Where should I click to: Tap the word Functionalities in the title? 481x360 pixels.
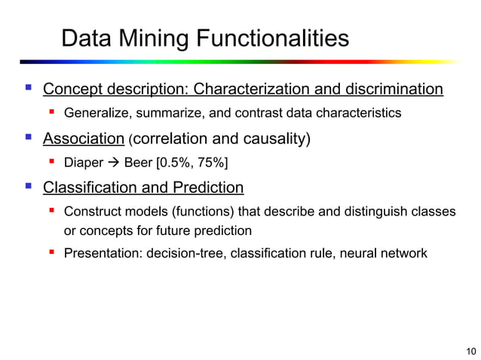coord(274,38)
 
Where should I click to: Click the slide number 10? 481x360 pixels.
coord(471,350)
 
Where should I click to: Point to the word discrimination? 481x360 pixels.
coord(394,90)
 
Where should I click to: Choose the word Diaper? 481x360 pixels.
coord(84,162)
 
